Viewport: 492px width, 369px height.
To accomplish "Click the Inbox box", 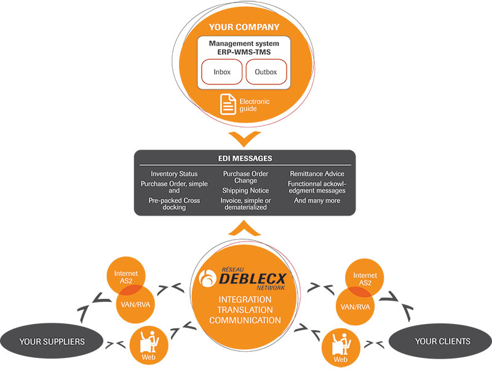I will point(222,72).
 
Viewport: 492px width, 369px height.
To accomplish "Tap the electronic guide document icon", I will point(228,104).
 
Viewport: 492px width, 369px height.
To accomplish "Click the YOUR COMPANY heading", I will point(244,27).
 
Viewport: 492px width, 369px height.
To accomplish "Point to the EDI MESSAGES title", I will point(244,159).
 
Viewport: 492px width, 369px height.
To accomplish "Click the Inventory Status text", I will point(174,174).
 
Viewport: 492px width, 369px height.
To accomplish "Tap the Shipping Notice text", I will point(245,191).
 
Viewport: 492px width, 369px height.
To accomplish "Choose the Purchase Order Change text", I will point(245,177).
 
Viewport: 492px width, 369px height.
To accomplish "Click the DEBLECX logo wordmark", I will point(245,277).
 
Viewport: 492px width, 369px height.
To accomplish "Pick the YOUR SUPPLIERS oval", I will point(52,341).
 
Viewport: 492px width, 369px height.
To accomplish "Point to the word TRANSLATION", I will point(245,310).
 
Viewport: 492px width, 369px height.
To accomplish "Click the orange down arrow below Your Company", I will point(244,136).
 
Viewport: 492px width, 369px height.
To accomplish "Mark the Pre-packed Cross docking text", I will point(174,204).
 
